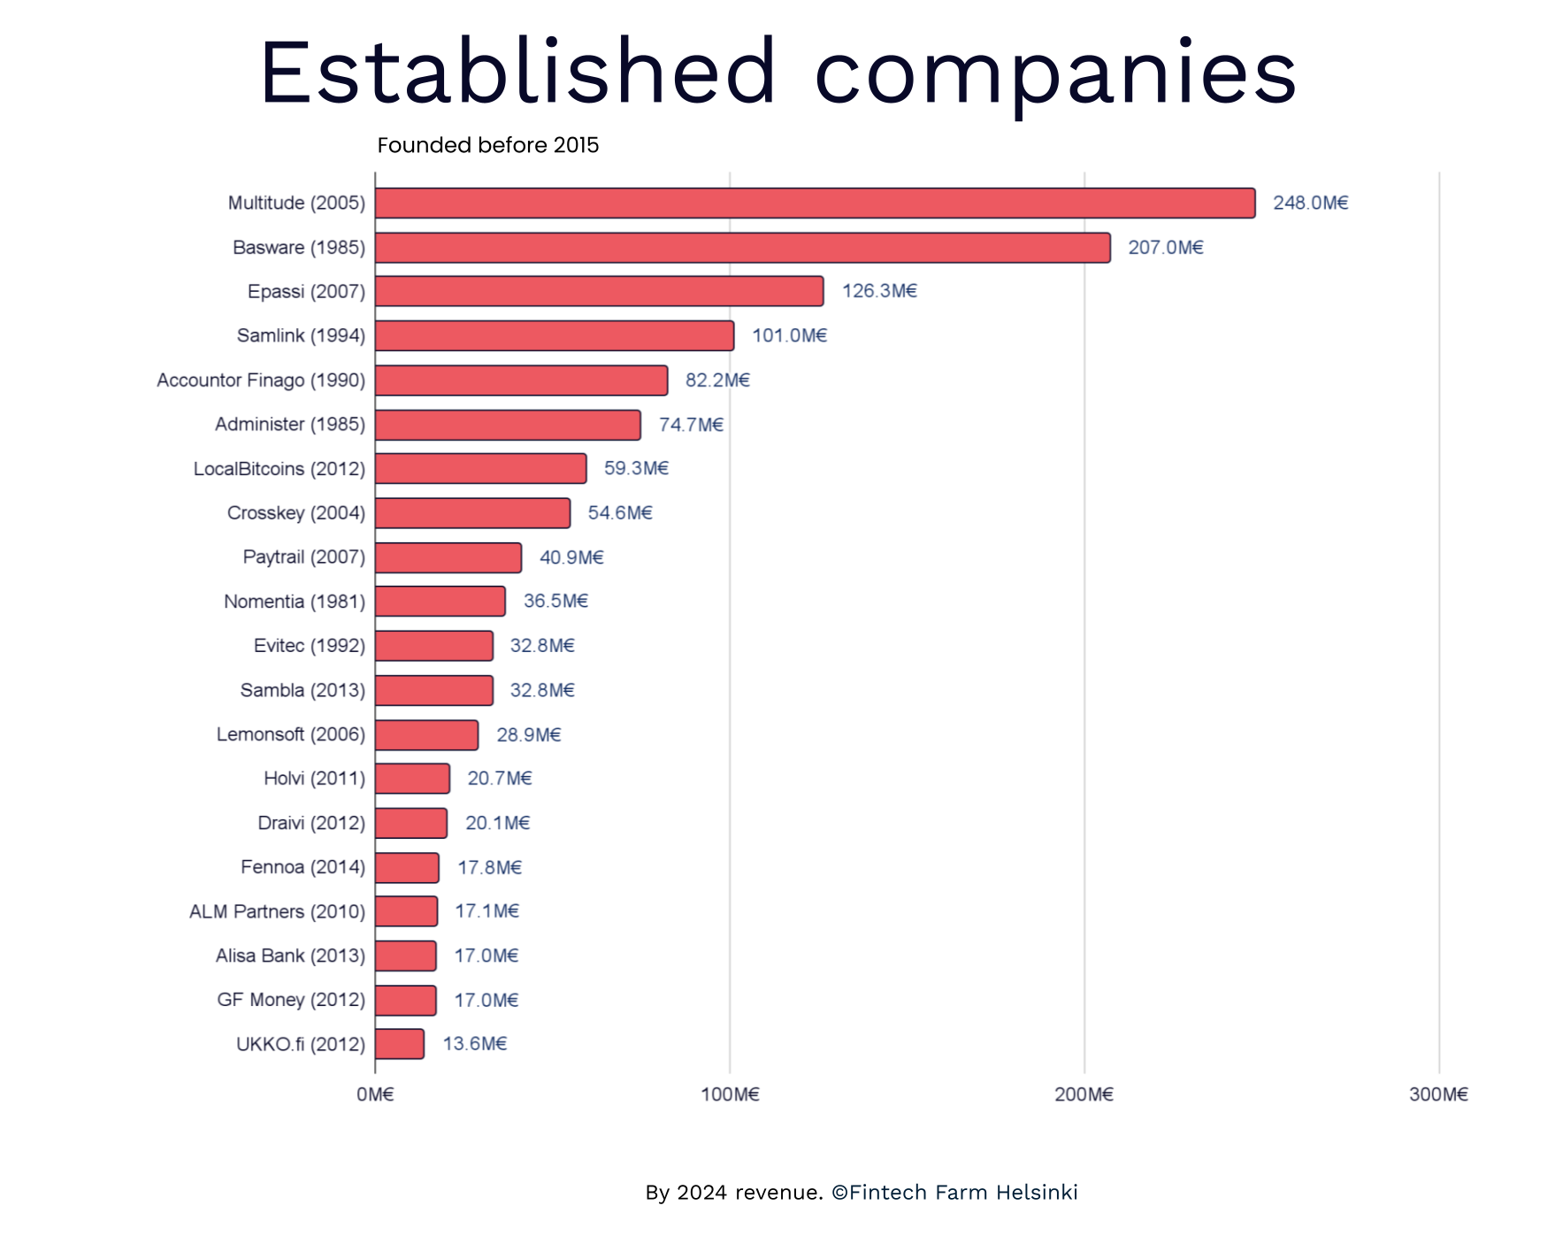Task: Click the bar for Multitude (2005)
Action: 814,203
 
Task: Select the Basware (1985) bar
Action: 742,248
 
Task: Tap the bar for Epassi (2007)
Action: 599,291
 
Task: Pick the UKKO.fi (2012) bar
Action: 399,1044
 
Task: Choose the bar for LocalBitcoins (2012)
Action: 480,468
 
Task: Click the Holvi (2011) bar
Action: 412,779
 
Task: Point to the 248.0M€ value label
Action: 1310,203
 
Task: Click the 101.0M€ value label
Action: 789,335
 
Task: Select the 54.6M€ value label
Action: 619,513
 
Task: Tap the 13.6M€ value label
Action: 474,1044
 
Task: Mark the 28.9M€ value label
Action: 528,734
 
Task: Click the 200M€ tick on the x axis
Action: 1084,1094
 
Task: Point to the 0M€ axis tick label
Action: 375,1094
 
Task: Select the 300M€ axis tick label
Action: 1438,1094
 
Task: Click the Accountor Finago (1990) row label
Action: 261,380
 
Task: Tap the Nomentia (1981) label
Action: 295,602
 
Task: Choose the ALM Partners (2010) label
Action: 277,911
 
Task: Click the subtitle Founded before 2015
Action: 487,145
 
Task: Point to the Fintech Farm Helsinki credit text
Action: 962,1192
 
